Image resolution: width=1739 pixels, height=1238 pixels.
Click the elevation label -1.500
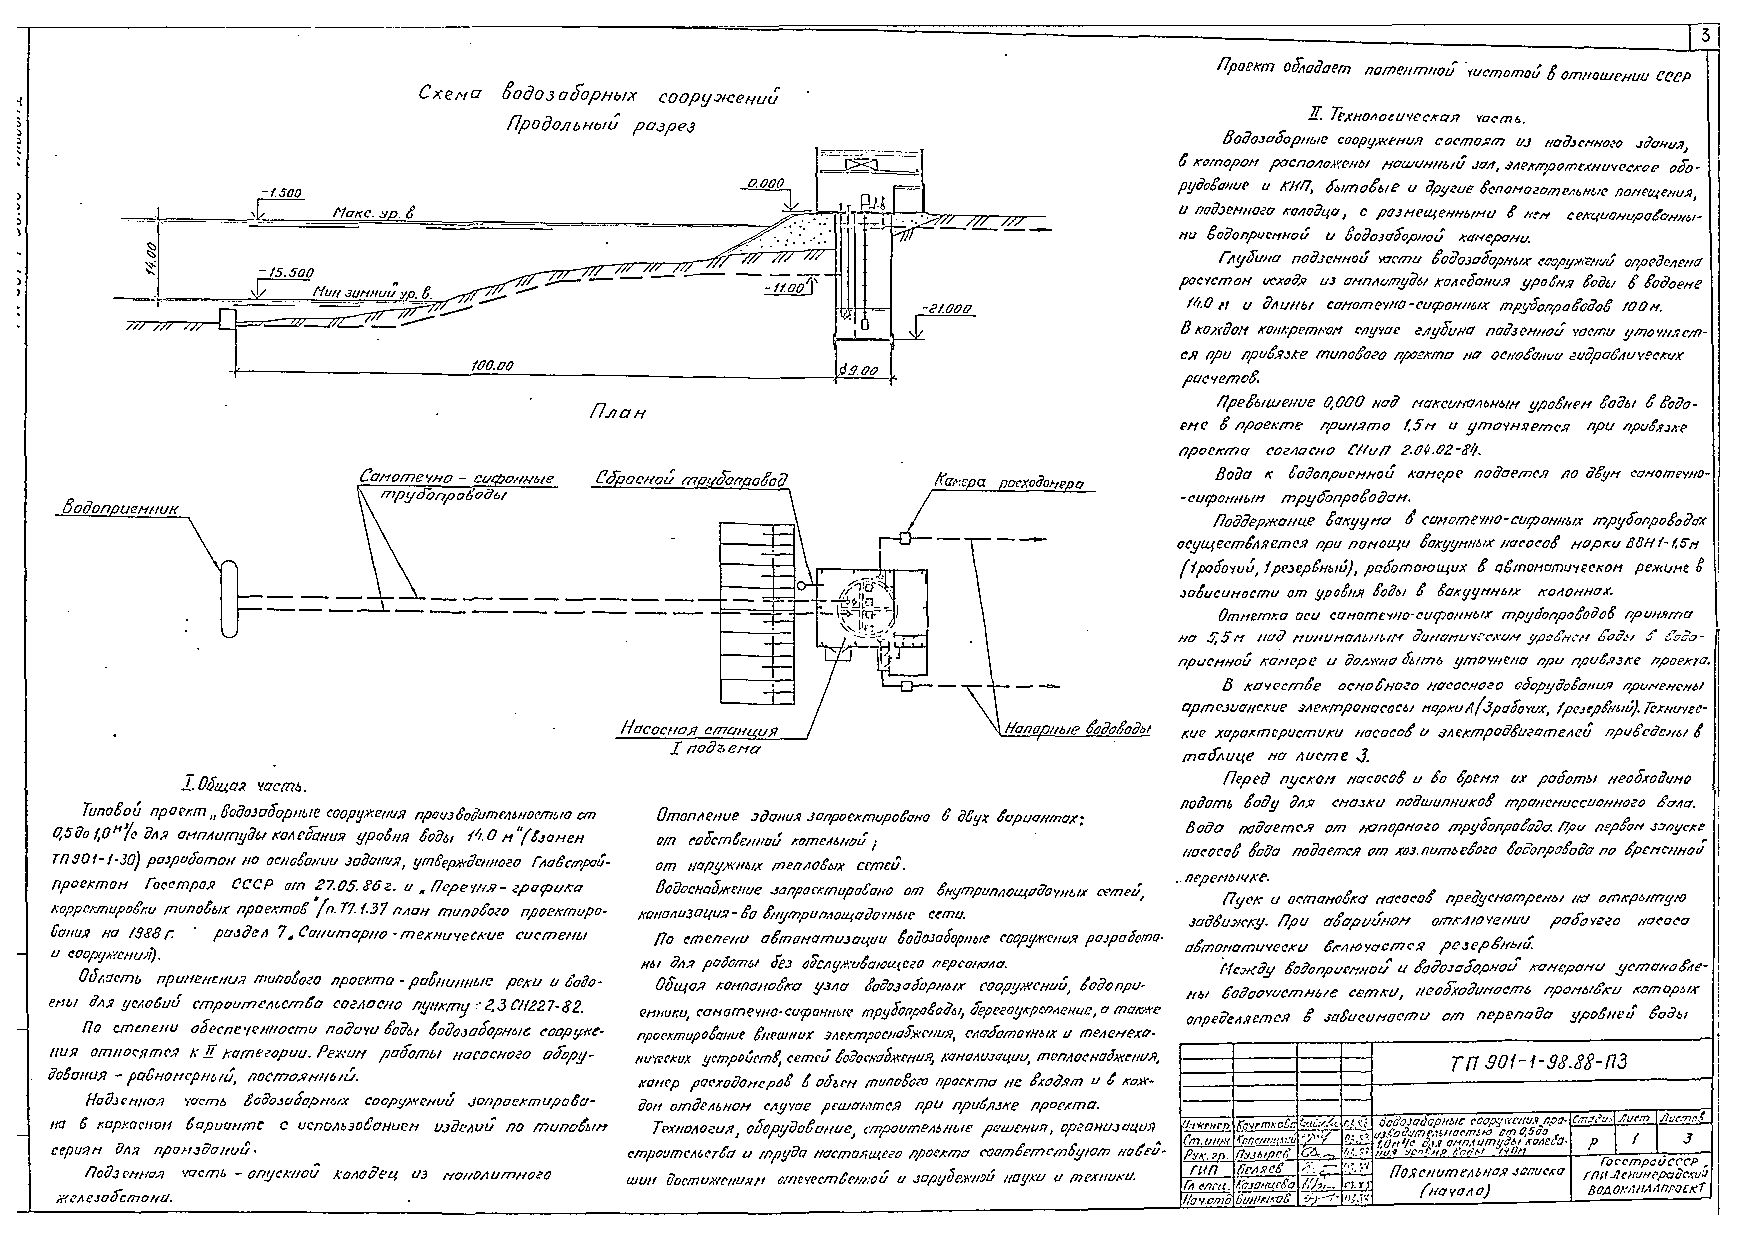[280, 194]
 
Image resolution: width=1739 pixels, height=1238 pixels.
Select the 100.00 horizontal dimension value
[492, 366]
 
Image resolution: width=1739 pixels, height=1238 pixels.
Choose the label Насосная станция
[699, 730]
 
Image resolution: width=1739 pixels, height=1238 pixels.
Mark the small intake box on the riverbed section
[227, 319]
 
